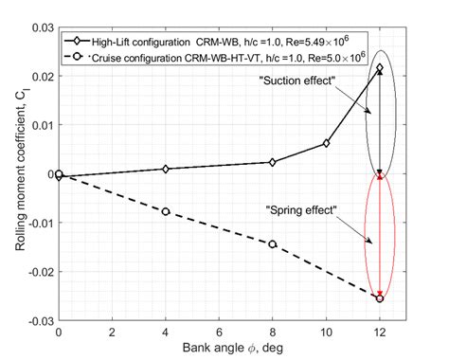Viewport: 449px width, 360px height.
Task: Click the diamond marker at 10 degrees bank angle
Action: [326, 143]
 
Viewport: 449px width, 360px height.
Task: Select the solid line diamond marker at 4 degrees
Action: [166, 169]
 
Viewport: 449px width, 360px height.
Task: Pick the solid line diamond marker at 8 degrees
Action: [273, 162]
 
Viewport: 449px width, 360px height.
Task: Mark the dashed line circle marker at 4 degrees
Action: [166, 211]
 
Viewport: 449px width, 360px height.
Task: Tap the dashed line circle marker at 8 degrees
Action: [273, 243]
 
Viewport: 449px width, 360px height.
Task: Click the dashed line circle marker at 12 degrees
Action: [380, 298]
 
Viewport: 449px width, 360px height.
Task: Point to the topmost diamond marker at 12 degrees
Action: [380, 68]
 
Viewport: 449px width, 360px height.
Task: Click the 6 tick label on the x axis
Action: [219, 333]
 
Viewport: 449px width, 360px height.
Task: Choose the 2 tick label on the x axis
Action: [112, 333]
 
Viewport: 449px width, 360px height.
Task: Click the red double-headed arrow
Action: [380, 237]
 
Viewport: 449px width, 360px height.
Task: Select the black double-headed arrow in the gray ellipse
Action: [380, 121]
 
